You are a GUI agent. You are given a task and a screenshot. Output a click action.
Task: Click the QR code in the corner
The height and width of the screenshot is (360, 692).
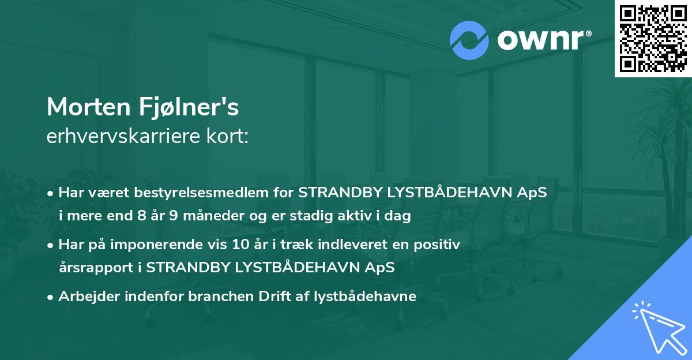point(652,38)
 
